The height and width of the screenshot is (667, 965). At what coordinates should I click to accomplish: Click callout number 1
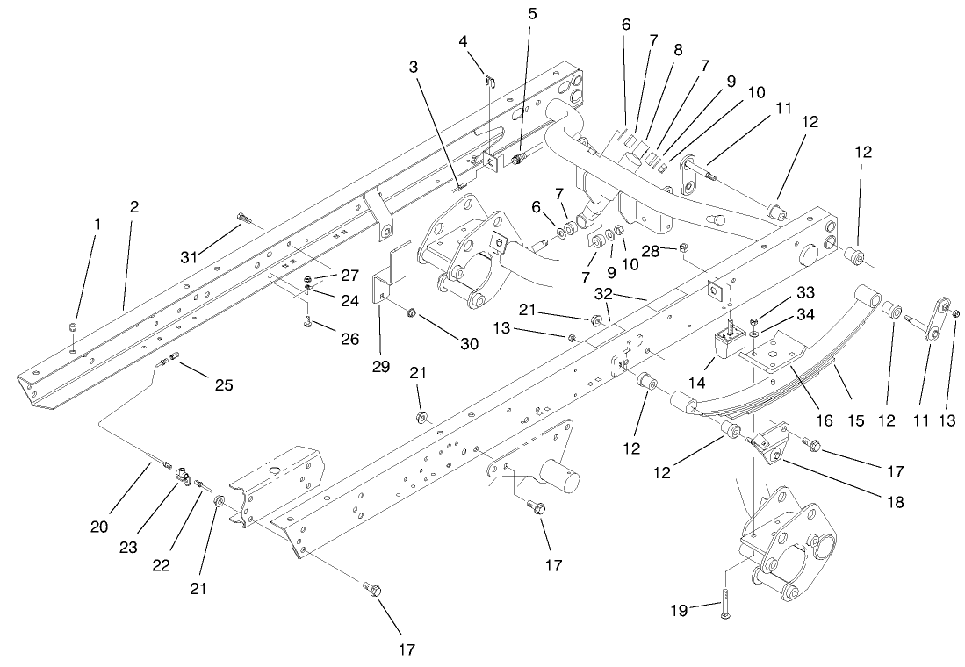pos(97,224)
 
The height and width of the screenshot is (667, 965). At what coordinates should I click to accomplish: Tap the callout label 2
pos(133,207)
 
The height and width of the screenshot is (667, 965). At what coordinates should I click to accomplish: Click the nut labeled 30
pos(411,312)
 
